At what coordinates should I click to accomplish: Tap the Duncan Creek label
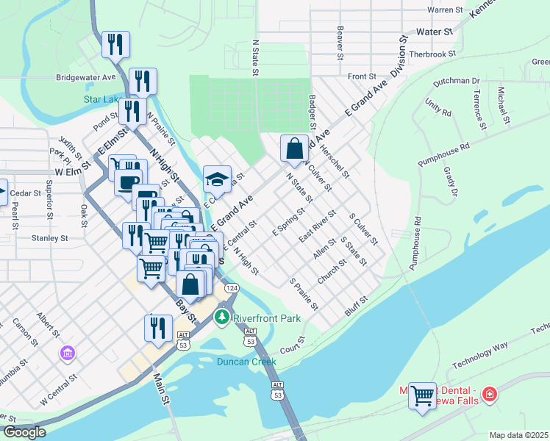[246, 361]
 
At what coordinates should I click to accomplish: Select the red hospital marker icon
[489, 395]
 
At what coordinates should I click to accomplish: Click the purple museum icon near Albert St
[67, 354]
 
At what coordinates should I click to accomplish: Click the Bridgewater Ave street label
[86, 77]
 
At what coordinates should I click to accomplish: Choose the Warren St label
[446, 10]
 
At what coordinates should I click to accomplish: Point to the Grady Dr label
[450, 182]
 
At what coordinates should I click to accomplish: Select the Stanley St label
[49, 238]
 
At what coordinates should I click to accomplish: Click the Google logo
[24, 431]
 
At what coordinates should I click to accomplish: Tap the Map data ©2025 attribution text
[518, 435]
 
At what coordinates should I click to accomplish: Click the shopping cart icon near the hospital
[422, 395]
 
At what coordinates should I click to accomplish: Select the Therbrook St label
[434, 54]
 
